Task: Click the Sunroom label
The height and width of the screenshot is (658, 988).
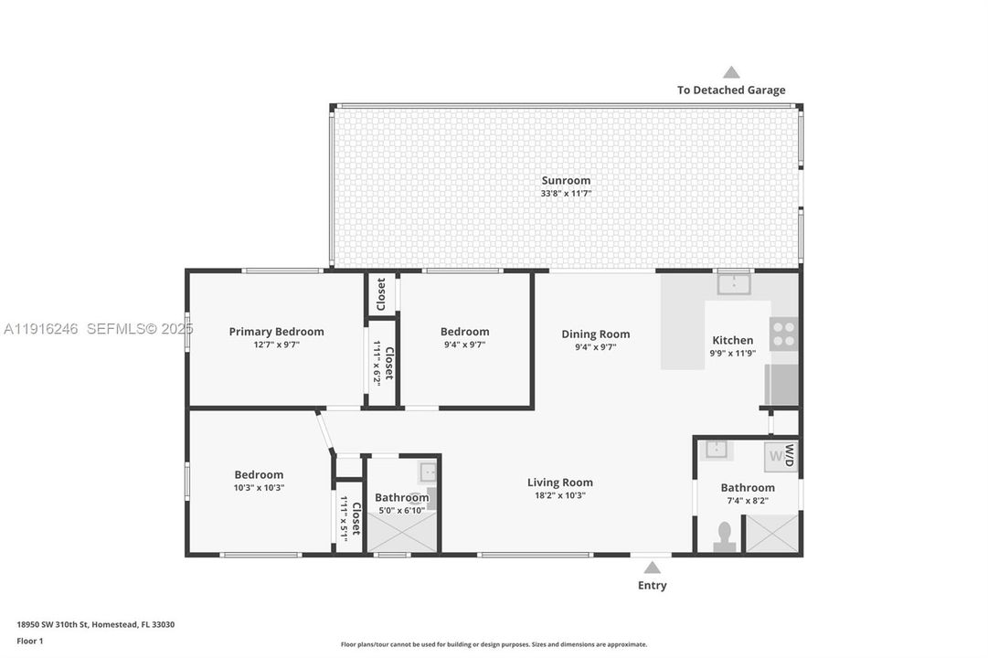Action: pyautogui.click(x=566, y=181)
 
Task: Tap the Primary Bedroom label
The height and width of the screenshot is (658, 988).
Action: pyautogui.click(x=276, y=332)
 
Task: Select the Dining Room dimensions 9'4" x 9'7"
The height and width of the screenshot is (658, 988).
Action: pyautogui.click(x=595, y=347)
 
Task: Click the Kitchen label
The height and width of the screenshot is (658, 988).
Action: pyautogui.click(x=732, y=340)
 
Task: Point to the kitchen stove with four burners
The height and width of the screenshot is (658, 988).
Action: pyautogui.click(x=783, y=334)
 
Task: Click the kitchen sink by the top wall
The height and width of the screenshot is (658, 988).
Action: pyautogui.click(x=733, y=284)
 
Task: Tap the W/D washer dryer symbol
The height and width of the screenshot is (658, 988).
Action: pyautogui.click(x=781, y=454)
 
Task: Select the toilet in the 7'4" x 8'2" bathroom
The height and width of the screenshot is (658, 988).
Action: pyautogui.click(x=725, y=536)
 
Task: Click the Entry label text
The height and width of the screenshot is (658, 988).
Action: pyautogui.click(x=652, y=585)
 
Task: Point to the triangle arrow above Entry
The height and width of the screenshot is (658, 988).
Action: pyautogui.click(x=652, y=568)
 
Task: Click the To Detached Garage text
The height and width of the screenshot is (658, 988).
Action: pyautogui.click(x=730, y=90)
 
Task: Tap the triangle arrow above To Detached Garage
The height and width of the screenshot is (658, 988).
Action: pyautogui.click(x=731, y=72)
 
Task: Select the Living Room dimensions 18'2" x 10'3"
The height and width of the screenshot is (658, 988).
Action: pyautogui.click(x=559, y=495)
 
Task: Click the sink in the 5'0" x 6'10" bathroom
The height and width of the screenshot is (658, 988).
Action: pyautogui.click(x=429, y=472)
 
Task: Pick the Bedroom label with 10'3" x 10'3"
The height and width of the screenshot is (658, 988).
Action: pyautogui.click(x=259, y=474)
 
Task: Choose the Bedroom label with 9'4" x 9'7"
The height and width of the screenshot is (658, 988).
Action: pyautogui.click(x=464, y=332)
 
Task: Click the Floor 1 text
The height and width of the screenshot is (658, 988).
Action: pyautogui.click(x=30, y=642)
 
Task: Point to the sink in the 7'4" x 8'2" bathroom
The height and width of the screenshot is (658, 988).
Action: pyautogui.click(x=717, y=450)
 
